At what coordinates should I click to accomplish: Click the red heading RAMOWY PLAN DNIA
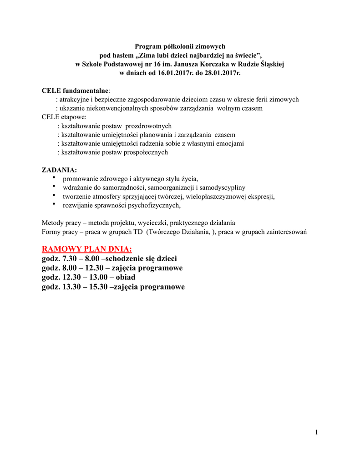click(87, 249)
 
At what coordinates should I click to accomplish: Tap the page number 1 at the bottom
click(316, 432)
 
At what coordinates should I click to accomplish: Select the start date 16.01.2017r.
click(167, 73)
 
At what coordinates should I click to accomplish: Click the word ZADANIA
click(59, 170)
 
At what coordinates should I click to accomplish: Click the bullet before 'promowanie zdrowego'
click(54, 178)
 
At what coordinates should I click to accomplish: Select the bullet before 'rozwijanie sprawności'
click(54, 204)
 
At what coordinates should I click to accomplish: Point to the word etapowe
click(69, 117)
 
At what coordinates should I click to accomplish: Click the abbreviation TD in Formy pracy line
click(136, 232)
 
